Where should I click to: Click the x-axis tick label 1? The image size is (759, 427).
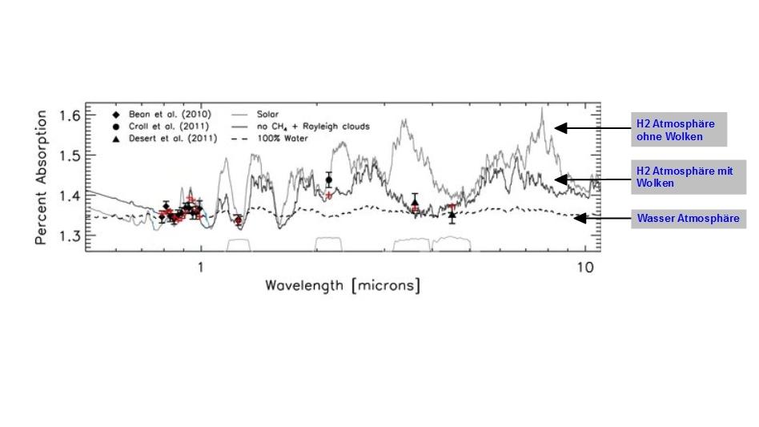[x=200, y=267]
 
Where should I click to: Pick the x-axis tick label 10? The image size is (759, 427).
[x=584, y=267]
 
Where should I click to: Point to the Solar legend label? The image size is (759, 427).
[x=269, y=115]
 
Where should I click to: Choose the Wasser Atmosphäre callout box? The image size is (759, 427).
[x=688, y=218]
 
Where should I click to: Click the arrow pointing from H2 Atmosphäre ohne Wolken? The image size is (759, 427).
[x=593, y=128]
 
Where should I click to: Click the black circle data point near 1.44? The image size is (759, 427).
[x=328, y=179]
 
